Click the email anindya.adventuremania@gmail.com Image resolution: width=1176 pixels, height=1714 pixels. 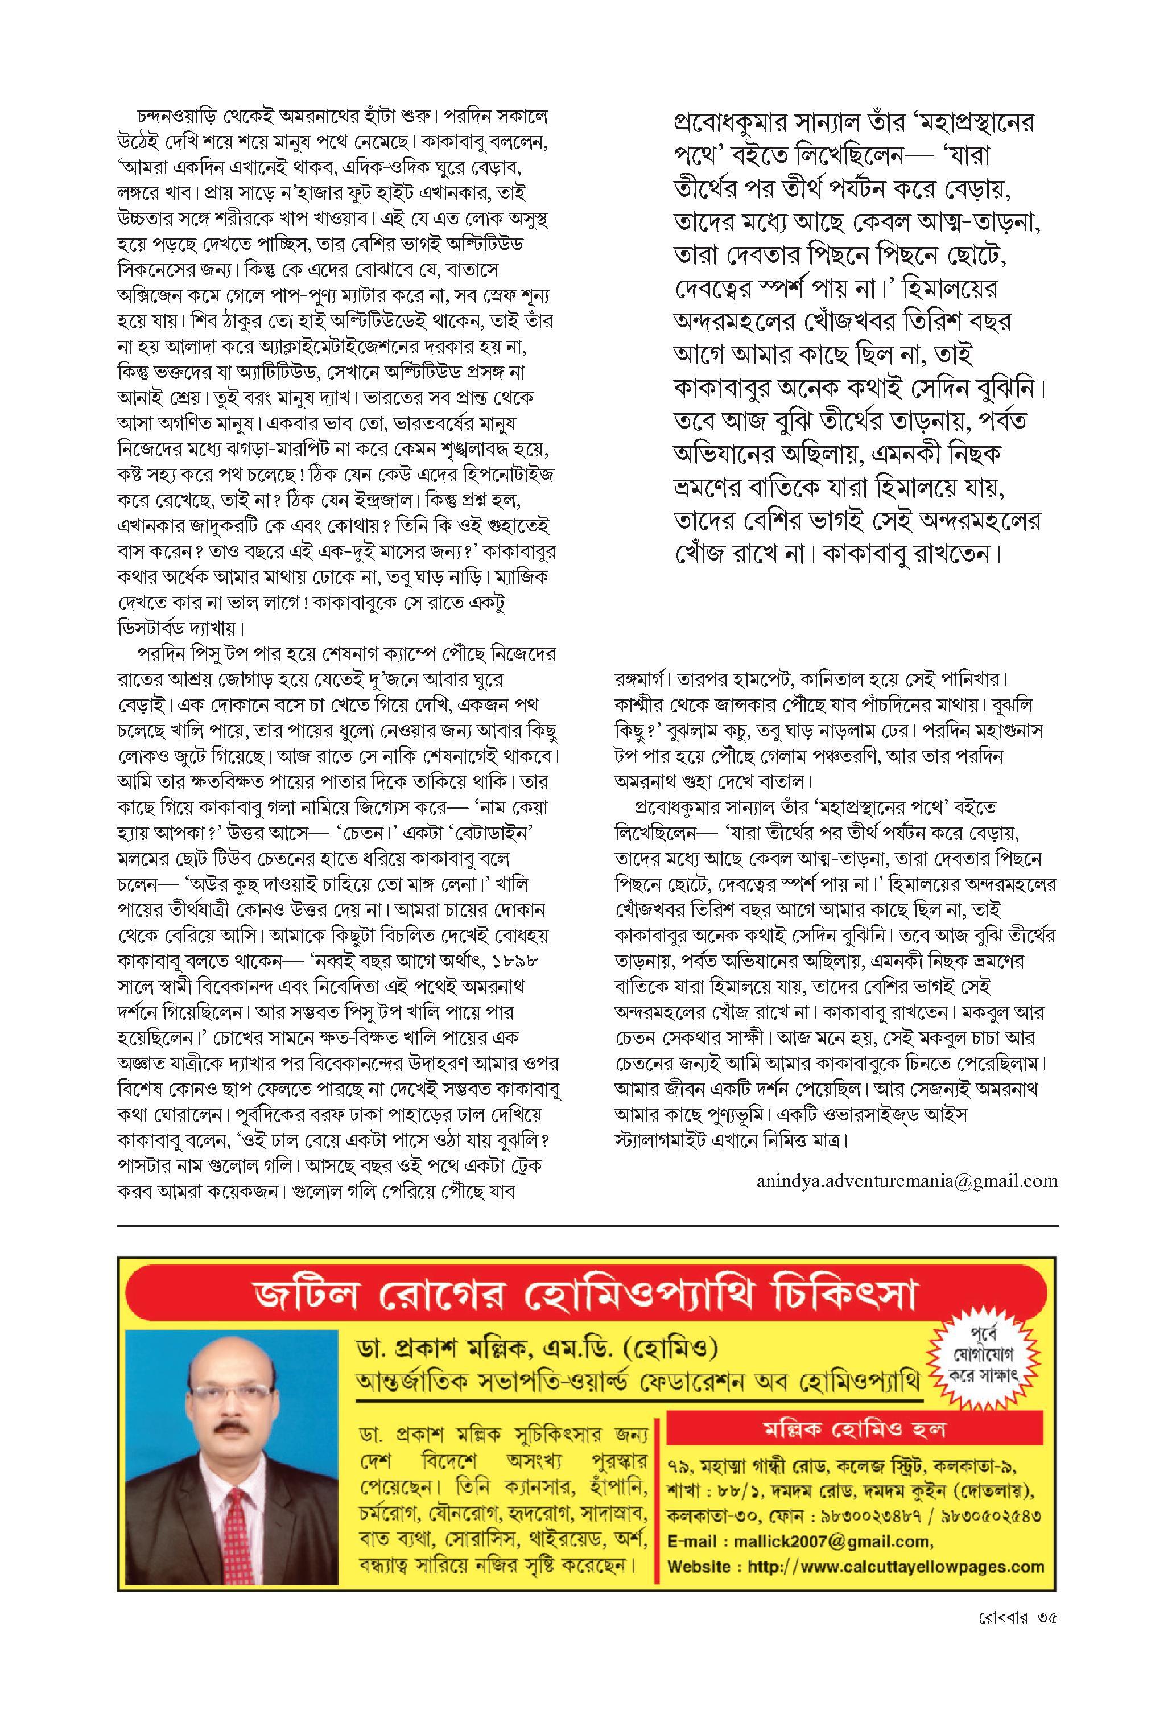(906, 1181)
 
